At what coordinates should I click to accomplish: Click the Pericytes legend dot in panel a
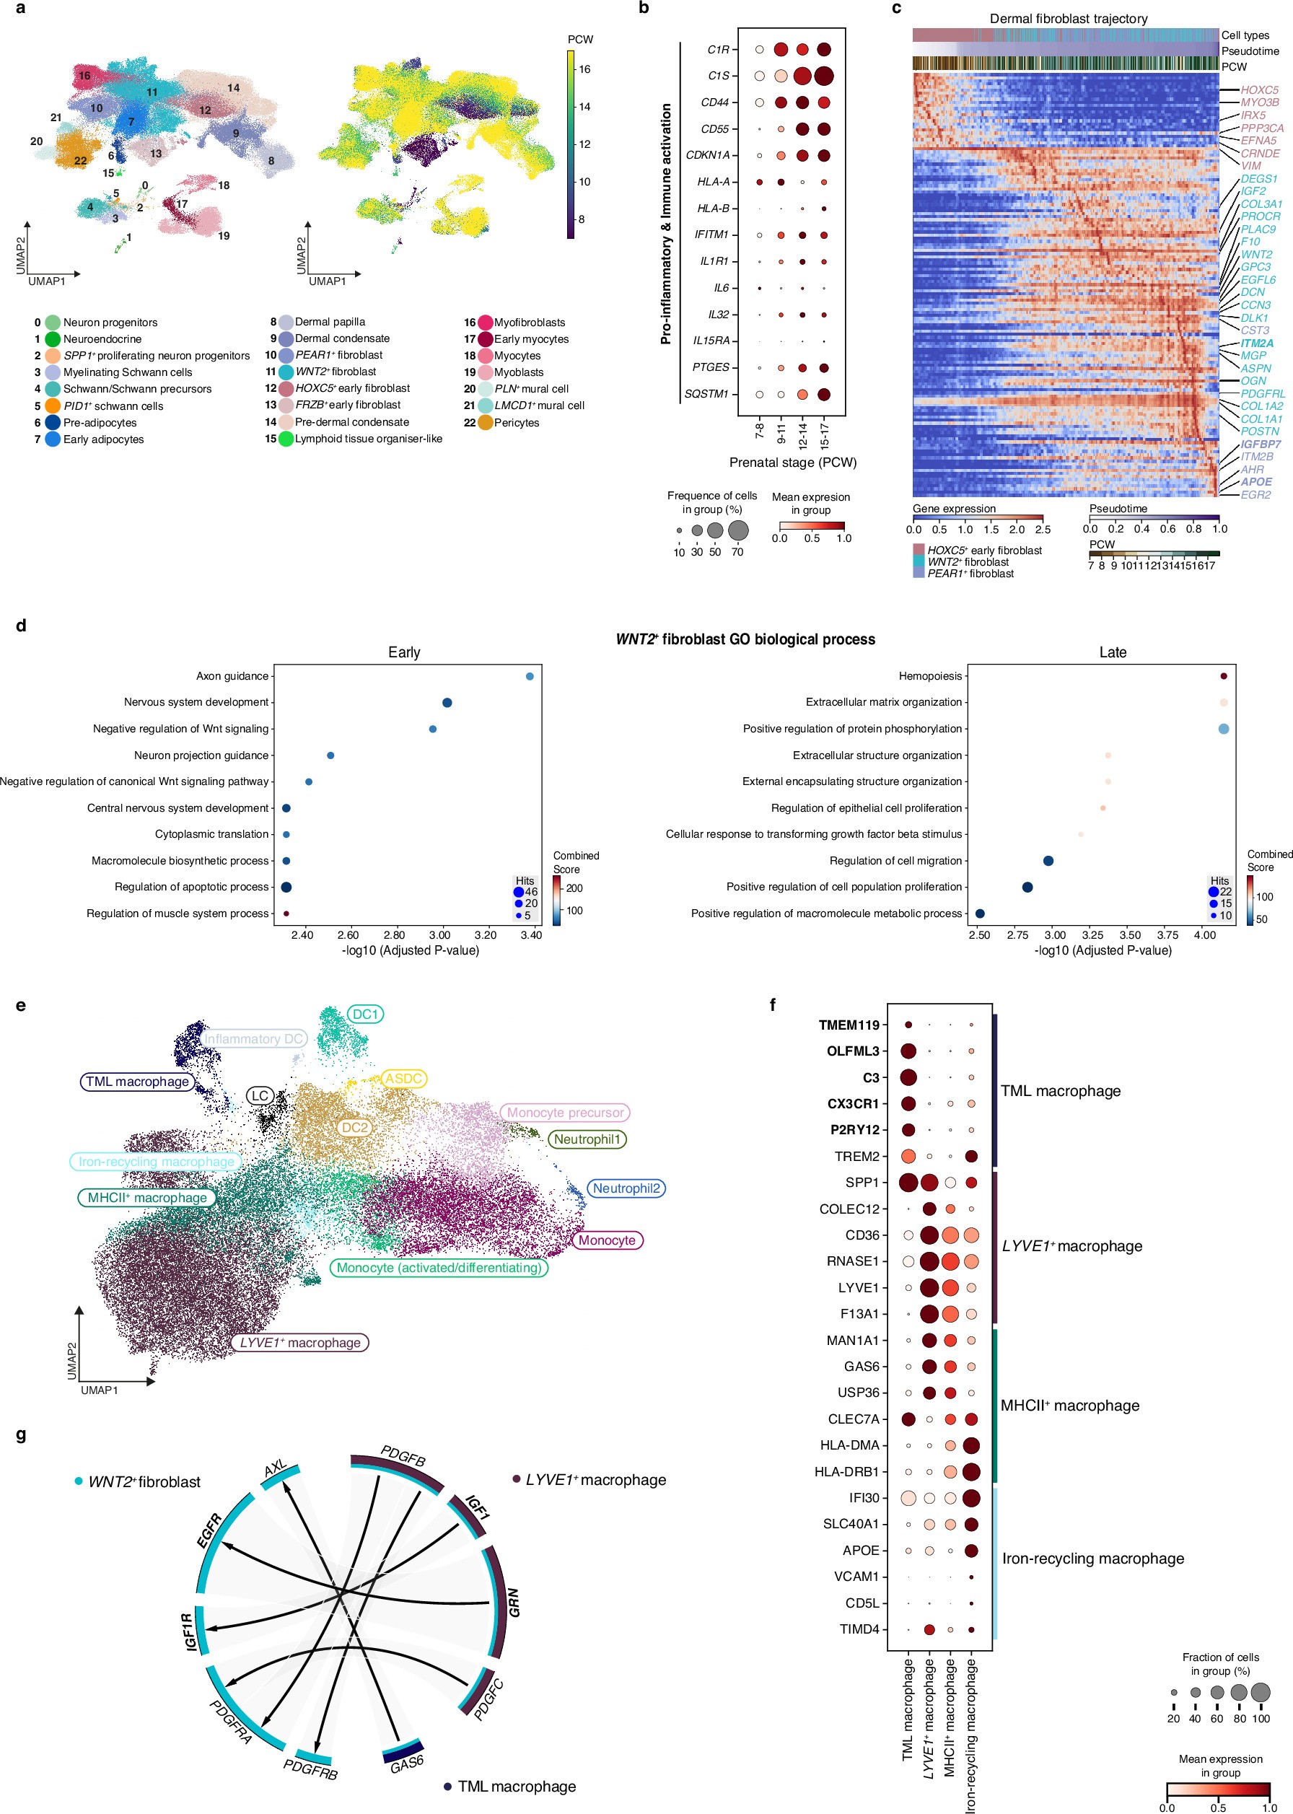485,423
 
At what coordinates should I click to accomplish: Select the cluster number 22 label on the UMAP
80,161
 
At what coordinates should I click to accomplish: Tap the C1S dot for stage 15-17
824,76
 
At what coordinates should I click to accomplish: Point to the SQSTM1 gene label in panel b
710,394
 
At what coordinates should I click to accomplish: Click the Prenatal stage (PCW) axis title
792,463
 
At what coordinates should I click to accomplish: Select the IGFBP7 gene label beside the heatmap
1261,444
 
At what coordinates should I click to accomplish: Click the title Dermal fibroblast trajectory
1068,18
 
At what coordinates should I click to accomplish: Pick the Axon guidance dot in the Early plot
530,677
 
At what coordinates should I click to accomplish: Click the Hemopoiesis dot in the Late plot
1223,677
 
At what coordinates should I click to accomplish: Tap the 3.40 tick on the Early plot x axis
531,935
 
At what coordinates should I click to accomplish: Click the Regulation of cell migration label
895,860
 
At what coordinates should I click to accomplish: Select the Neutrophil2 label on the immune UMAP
626,1188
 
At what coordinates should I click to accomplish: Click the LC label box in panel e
260,1096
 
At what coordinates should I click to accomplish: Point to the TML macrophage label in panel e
138,1082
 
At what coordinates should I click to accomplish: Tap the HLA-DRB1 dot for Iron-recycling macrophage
970,1472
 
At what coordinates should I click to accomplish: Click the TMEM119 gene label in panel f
849,1025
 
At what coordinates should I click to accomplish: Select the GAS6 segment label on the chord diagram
407,1765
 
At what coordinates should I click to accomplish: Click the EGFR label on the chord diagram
209,1530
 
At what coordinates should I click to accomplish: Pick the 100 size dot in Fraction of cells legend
1261,1692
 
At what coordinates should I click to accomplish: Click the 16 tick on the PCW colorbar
584,69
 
